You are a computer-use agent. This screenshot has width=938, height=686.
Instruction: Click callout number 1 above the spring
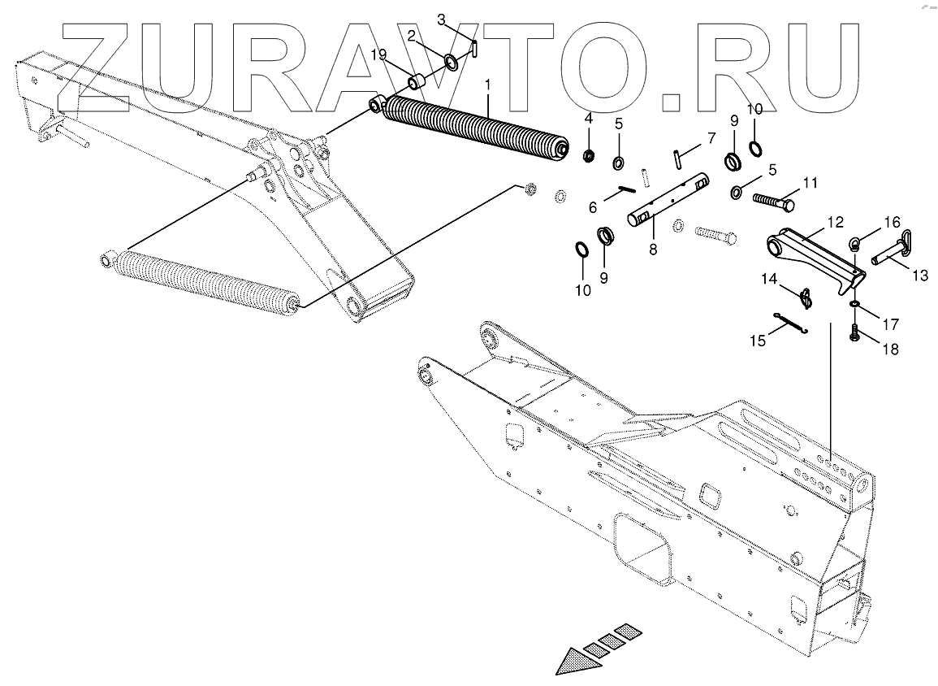(487, 85)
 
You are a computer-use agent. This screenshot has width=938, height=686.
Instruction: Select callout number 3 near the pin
(464, 18)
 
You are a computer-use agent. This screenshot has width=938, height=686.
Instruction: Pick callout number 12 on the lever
(835, 221)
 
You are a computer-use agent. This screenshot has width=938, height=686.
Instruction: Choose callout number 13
(920, 276)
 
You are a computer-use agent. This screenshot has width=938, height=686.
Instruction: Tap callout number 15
(756, 341)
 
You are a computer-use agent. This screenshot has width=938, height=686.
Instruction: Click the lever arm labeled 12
(812, 252)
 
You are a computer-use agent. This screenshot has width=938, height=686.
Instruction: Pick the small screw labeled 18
(854, 331)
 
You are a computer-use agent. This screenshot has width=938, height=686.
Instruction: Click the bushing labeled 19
(419, 82)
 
